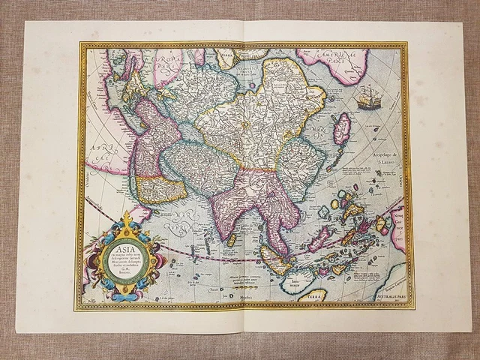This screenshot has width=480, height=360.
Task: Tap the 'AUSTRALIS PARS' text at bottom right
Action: [x=379, y=295]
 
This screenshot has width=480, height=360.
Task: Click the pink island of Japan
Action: [x=342, y=129]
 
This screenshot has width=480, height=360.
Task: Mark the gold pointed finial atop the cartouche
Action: [x=127, y=217]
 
